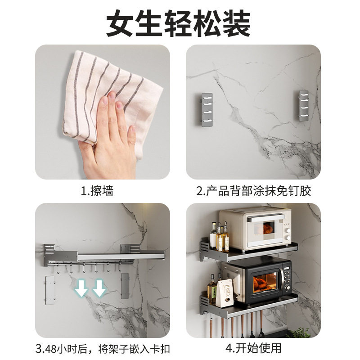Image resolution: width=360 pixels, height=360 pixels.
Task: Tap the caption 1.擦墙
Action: pyautogui.click(x=97, y=191)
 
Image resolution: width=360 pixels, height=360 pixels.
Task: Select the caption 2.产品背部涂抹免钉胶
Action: pyautogui.click(x=254, y=191)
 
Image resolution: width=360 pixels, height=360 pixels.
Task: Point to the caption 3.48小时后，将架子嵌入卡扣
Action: pyautogui.click(x=103, y=349)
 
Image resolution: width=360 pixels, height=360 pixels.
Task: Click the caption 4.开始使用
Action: pyautogui.click(x=254, y=349)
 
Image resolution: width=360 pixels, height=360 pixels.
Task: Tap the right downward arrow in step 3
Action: pyautogui.click(x=99, y=288)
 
